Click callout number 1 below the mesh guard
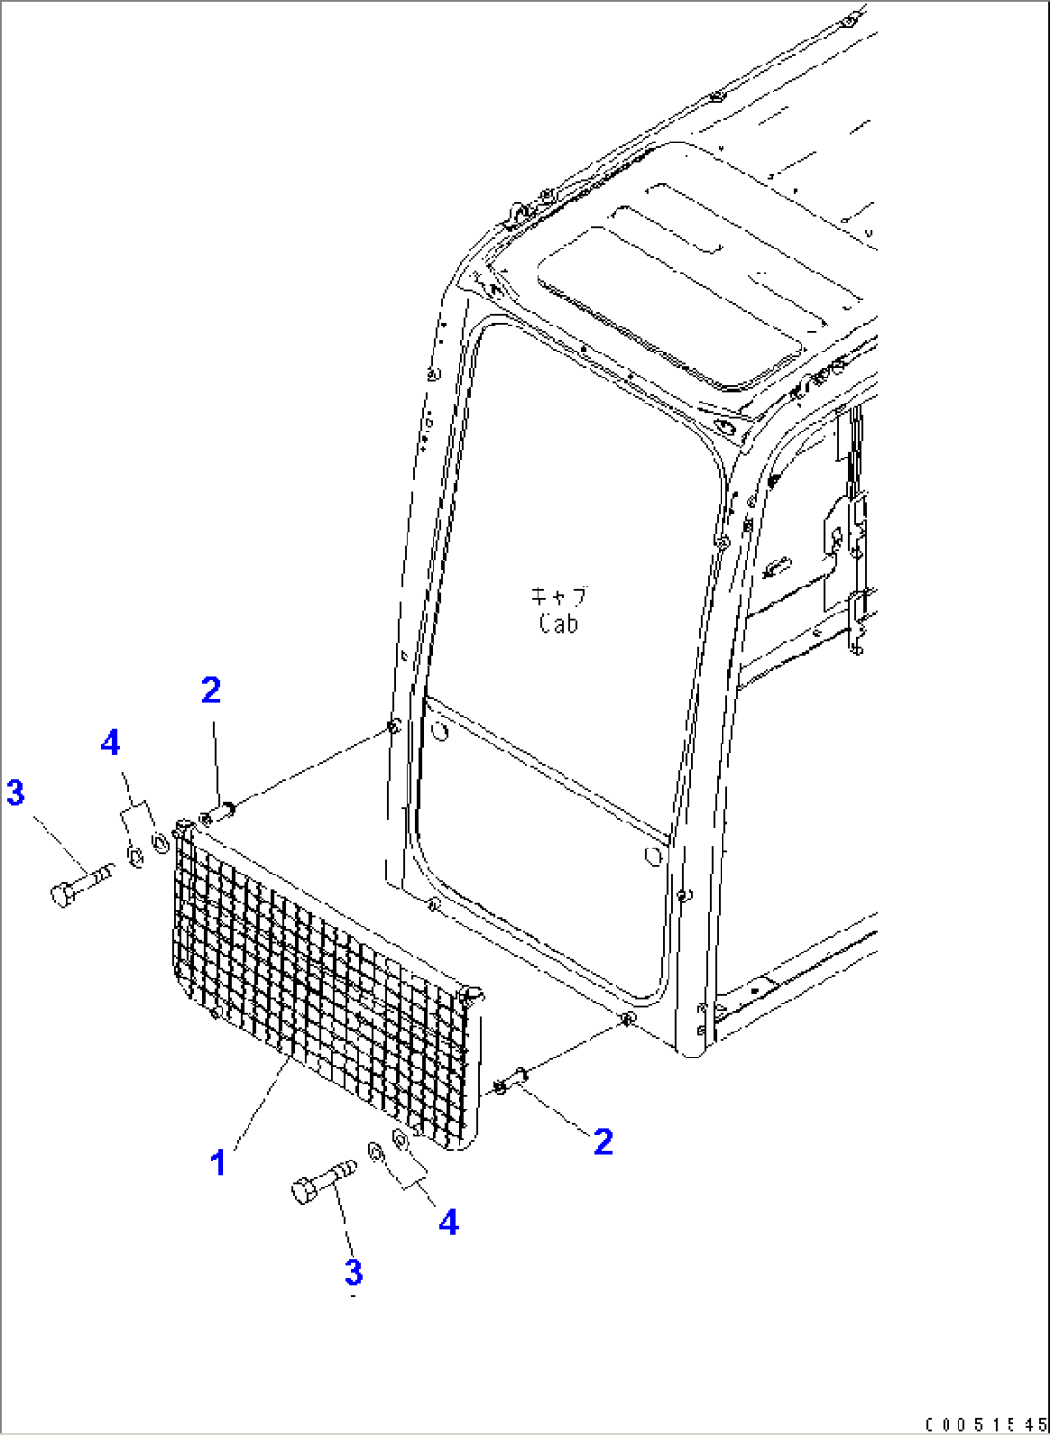click(x=219, y=1162)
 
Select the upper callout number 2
click(x=211, y=691)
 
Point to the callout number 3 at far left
click(x=15, y=793)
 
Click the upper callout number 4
click(x=110, y=744)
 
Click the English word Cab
click(x=558, y=623)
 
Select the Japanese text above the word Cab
click(x=558, y=596)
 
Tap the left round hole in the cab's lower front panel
click(x=440, y=730)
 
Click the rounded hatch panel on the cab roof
click(x=669, y=307)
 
